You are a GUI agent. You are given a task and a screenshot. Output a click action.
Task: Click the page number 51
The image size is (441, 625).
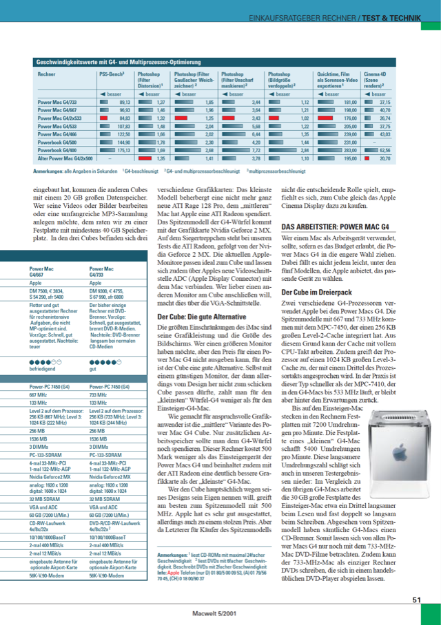coord(416,600)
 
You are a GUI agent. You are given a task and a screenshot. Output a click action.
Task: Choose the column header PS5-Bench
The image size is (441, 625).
coord(111,73)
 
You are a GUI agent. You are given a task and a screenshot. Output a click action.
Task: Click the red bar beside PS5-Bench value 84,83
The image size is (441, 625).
coord(104,118)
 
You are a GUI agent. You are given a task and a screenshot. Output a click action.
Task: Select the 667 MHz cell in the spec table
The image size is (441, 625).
coord(39,395)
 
